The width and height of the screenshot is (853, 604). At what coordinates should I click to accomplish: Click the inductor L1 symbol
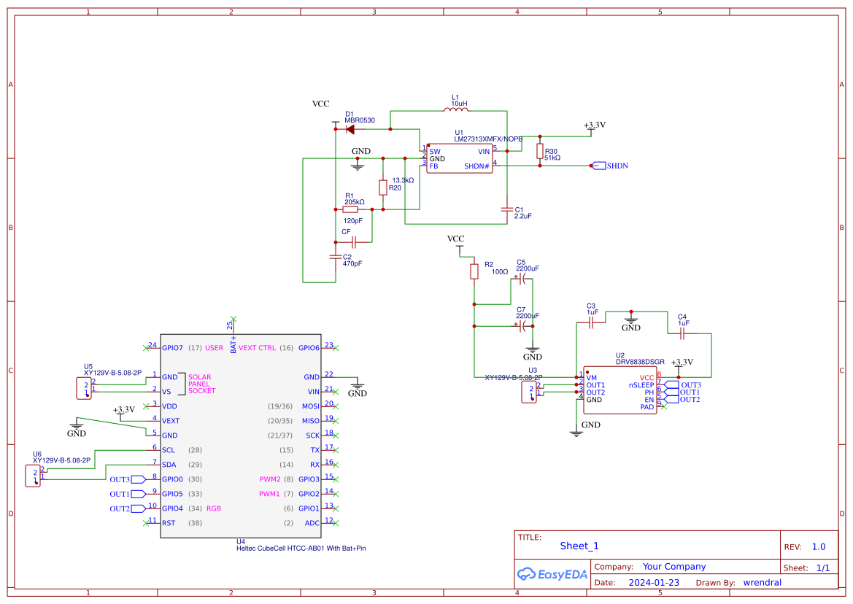[456, 110]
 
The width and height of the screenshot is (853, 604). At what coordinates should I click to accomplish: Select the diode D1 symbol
[350, 129]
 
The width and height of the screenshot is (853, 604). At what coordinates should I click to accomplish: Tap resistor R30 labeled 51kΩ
[539, 151]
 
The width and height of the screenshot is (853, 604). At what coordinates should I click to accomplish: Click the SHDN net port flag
[598, 166]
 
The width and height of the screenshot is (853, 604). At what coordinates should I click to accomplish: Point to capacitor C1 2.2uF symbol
[506, 209]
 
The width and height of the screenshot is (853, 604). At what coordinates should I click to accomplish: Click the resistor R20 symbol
[382, 187]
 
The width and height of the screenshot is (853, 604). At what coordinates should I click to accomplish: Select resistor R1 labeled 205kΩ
[350, 209]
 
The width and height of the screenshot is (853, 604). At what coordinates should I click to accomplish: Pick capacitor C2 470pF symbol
[335, 257]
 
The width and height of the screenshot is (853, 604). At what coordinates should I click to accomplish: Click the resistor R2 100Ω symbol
[474, 271]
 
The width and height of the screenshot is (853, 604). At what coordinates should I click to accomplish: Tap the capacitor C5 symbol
[522, 277]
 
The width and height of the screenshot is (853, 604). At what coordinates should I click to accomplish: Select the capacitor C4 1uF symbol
[683, 333]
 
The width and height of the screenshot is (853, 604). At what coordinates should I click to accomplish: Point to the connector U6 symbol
[33, 476]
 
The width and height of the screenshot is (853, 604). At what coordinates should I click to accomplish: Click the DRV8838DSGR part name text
[640, 362]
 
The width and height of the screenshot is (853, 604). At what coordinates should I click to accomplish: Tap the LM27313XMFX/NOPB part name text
[487, 139]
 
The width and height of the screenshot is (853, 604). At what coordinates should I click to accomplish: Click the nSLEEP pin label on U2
[641, 384]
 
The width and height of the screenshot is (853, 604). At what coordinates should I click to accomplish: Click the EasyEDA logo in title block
[552, 574]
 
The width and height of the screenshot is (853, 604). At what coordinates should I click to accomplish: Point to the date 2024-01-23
[653, 583]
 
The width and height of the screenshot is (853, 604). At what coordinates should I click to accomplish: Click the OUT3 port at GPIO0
[120, 479]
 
